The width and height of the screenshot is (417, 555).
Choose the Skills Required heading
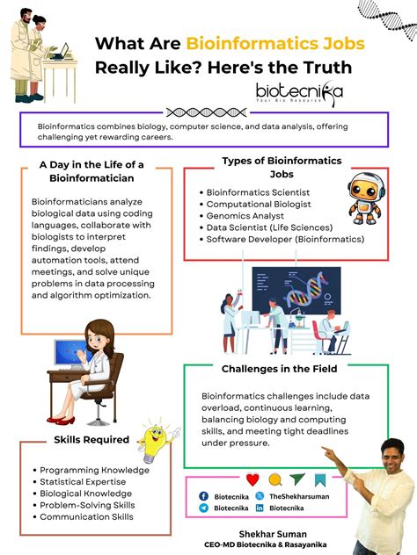[x=91, y=439]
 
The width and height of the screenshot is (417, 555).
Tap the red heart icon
[x=252, y=479]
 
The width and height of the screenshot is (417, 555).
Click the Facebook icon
[x=204, y=496]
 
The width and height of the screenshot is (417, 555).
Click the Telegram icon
[x=204, y=508]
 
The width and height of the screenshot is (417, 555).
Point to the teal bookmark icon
[x=320, y=479]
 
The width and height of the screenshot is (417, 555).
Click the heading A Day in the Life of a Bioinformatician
[x=91, y=170]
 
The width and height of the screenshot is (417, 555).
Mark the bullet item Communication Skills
[x=86, y=516]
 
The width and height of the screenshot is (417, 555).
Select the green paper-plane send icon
[x=297, y=479]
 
